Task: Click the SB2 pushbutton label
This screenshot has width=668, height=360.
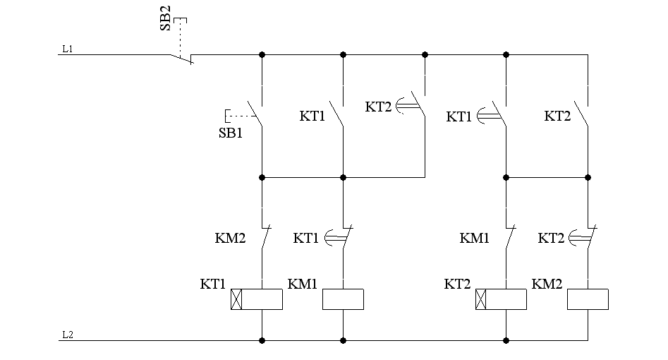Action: click(165, 18)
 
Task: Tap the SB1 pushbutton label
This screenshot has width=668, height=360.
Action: click(231, 133)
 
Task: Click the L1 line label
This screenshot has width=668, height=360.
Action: click(67, 49)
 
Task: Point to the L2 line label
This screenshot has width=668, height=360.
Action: click(68, 335)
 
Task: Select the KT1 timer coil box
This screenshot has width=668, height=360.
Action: click(257, 299)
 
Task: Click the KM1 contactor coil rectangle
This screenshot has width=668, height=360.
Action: click(343, 299)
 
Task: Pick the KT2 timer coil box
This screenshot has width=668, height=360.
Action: click(501, 299)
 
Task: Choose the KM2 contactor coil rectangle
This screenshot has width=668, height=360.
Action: click(588, 299)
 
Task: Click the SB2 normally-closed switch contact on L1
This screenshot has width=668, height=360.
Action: click(182, 59)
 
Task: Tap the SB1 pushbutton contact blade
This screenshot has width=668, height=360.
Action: click(255, 114)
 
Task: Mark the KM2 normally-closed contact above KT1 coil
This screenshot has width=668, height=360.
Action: click(266, 236)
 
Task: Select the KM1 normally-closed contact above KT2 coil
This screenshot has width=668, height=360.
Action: click(511, 236)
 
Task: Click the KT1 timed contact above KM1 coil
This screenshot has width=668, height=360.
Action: click(339, 236)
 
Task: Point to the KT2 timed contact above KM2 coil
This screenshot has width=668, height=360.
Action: click(583, 236)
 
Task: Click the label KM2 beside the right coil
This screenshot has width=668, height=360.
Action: click(547, 284)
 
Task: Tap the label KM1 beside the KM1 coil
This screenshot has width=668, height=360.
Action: click(303, 284)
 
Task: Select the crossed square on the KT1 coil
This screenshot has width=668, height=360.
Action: click(236, 299)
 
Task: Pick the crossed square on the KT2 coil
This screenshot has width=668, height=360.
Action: click(480, 299)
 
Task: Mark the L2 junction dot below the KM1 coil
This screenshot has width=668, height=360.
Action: click(343, 340)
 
